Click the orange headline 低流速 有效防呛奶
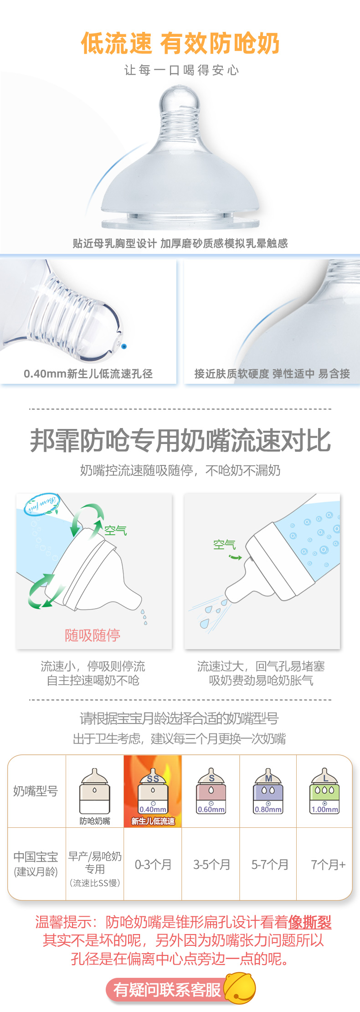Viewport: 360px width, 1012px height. (x=180, y=43)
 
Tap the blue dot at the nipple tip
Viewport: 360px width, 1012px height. (x=124, y=346)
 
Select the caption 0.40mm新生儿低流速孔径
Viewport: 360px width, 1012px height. (x=88, y=374)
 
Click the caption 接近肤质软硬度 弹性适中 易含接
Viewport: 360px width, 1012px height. (x=272, y=374)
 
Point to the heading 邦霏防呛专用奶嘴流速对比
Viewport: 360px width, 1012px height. (x=180, y=440)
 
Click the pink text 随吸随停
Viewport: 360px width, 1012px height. (x=93, y=635)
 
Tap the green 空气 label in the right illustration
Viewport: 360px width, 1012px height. (x=224, y=544)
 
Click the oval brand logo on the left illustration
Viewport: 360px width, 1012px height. (x=41, y=504)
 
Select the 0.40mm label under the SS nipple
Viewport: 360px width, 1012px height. (x=153, y=810)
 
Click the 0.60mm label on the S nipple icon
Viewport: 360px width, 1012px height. (x=211, y=810)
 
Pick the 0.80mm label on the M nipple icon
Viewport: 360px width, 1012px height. (x=268, y=810)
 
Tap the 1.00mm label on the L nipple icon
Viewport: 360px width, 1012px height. (x=325, y=810)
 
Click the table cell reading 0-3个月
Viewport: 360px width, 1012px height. (x=153, y=864)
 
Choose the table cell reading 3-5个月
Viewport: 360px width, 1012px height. (x=211, y=864)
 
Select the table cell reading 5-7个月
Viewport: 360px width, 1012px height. (x=270, y=864)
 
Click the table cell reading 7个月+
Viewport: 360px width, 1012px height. (x=328, y=864)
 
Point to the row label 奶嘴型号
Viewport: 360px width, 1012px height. (x=36, y=791)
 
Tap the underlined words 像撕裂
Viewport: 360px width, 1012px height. (x=309, y=922)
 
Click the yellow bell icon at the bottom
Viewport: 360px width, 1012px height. (x=240, y=988)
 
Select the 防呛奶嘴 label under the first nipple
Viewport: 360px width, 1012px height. (x=95, y=821)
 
